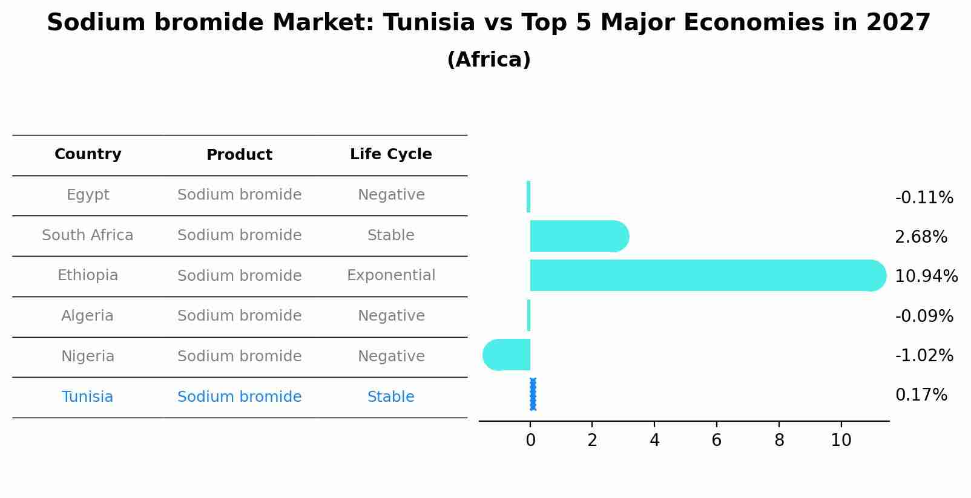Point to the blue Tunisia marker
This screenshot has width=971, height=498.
pyautogui.click(x=533, y=395)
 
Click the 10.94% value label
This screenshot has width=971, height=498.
pyautogui.click(x=926, y=277)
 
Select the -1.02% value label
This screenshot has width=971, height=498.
pyautogui.click(x=924, y=356)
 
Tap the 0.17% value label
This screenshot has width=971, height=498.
pyautogui.click(x=921, y=395)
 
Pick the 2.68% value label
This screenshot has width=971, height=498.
pyautogui.click(x=921, y=237)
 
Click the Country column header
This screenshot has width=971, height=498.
pyautogui.click(x=88, y=154)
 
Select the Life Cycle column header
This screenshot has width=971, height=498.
pyautogui.click(x=390, y=154)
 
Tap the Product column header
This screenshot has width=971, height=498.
pyautogui.click(x=239, y=155)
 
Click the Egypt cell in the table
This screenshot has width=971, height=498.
pyautogui.click(x=88, y=195)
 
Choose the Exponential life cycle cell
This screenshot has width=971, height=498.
pyautogui.click(x=390, y=275)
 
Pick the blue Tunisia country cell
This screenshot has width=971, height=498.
pyautogui.click(x=87, y=397)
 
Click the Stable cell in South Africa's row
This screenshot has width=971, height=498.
pyautogui.click(x=390, y=235)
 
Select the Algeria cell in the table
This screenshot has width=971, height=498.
pyautogui.click(x=87, y=316)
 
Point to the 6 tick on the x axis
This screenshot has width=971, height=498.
pyautogui.click(x=716, y=441)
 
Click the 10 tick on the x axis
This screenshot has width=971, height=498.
pyautogui.click(x=841, y=441)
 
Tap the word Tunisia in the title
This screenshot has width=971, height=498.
pyautogui.click(x=429, y=23)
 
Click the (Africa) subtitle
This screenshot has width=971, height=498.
pyautogui.click(x=489, y=60)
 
